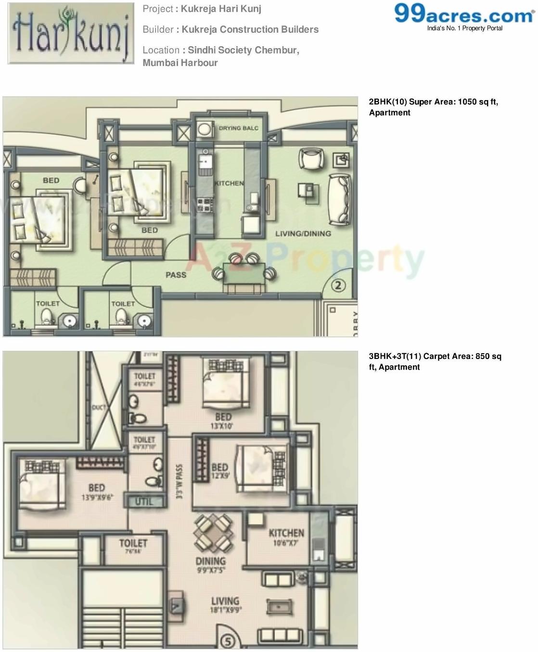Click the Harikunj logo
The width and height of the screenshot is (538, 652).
71,33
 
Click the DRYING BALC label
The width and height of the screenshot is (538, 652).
238,128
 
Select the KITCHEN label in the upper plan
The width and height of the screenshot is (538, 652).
229,183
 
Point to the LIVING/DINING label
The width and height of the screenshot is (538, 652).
303,234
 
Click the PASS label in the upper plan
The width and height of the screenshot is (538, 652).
176,275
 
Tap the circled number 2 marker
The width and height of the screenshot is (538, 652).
338,285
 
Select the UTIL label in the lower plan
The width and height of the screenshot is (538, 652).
144,501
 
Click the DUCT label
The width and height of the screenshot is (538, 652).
99,408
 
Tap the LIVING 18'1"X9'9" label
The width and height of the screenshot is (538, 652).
225,604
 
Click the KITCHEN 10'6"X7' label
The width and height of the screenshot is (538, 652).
286,537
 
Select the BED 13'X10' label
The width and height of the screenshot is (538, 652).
223,421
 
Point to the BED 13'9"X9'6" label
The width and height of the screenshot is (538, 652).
97,492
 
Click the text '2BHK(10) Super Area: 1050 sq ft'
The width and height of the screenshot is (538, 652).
433,102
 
